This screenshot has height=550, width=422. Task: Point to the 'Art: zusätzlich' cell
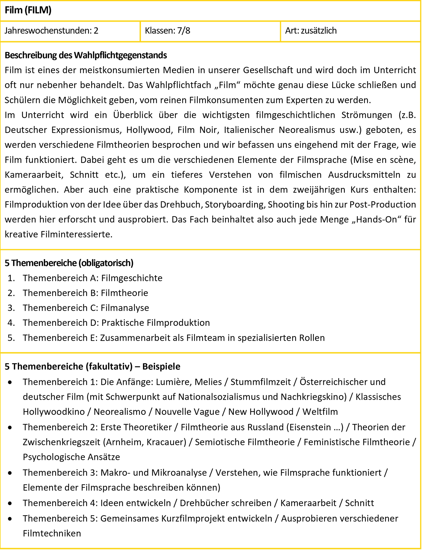[311, 31]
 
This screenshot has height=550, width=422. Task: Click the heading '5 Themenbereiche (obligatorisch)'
[69, 263]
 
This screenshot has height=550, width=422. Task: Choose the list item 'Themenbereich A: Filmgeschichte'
[92, 278]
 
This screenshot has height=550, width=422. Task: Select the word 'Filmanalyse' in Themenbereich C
[125, 308]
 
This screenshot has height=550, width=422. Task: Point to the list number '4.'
[11, 323]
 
